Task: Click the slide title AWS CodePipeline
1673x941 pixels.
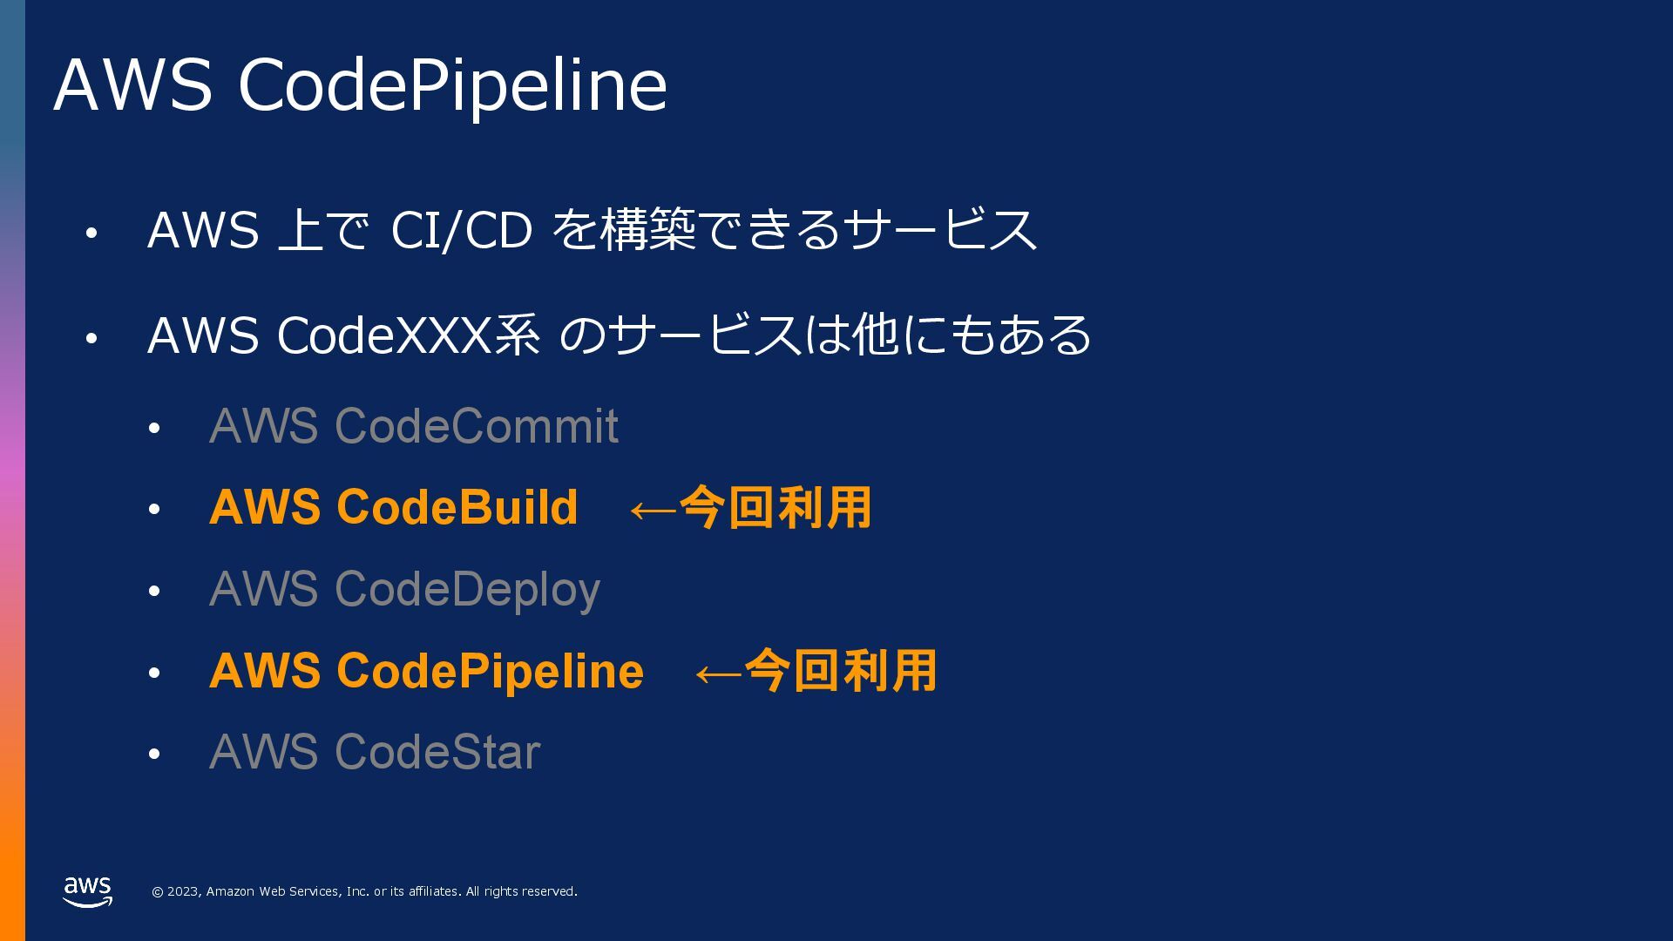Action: (360, 85)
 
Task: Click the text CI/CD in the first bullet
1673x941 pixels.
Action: (461, 230)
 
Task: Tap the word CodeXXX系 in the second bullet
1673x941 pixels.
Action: (408, 335)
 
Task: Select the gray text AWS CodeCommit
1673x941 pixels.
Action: (413, 426)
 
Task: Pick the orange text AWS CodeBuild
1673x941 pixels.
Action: (393, 507)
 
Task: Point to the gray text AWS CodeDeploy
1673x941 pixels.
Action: (404, 589)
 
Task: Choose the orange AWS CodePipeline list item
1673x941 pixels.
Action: (426, 671)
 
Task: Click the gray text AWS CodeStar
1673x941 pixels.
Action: (375, 752)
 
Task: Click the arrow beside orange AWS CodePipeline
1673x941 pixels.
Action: (718, 674)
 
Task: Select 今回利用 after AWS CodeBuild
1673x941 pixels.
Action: (776, 507)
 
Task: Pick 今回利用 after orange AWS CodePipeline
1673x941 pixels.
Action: (841, 671)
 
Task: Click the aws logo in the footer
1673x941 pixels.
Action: (87, 891)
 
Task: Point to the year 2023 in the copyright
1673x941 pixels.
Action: (183, 891)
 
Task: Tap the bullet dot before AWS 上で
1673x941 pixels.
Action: (91, 233)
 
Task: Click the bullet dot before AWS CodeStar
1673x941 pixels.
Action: (154, 755)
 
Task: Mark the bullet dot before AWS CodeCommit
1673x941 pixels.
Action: (154, 429)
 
